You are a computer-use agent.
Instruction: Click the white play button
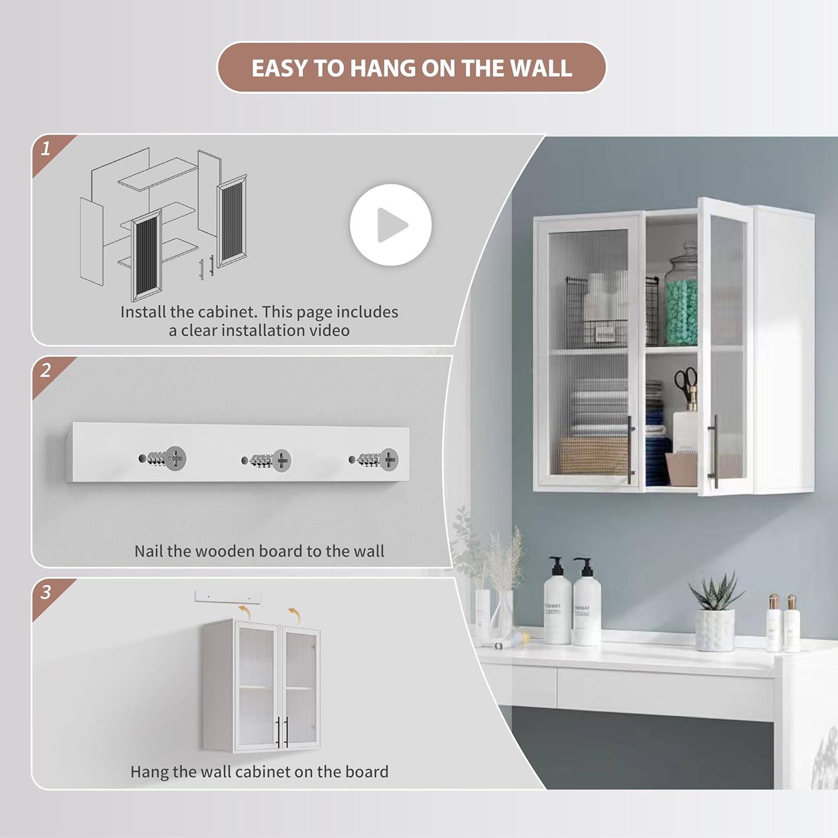click(391, 225)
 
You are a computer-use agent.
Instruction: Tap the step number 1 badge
click(46, 149)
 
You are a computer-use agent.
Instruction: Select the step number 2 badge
click(46, 370)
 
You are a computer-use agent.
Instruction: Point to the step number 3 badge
click(46, 592)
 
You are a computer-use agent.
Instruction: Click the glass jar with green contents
click(682, 302)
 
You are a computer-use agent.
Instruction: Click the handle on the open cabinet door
click(713, 451)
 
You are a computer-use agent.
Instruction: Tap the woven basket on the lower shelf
click(592, 455)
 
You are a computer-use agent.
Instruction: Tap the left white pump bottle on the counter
click(556, 603)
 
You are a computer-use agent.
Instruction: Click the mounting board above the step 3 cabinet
click(227, 597)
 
